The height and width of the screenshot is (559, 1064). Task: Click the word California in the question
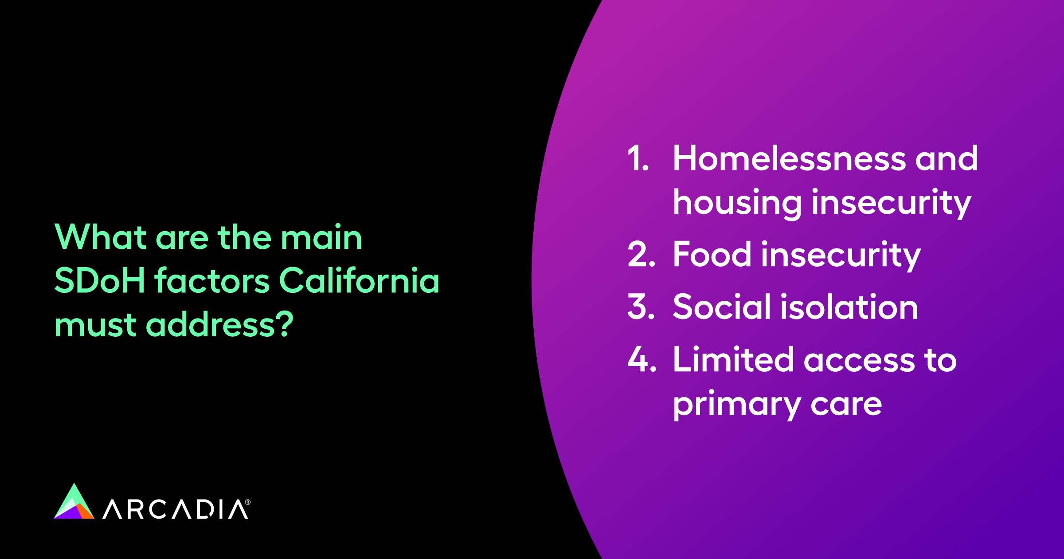point(359,281)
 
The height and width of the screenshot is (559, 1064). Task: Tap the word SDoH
point(100,281)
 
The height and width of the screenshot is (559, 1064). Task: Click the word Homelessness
point(789,158)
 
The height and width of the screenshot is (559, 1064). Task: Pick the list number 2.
point(641,255)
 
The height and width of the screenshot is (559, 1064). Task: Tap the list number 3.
point(641,307)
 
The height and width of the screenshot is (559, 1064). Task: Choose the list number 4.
point(642,359)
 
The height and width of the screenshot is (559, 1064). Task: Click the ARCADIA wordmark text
point(175,509)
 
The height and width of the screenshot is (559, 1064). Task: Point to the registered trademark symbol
point(248,502)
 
